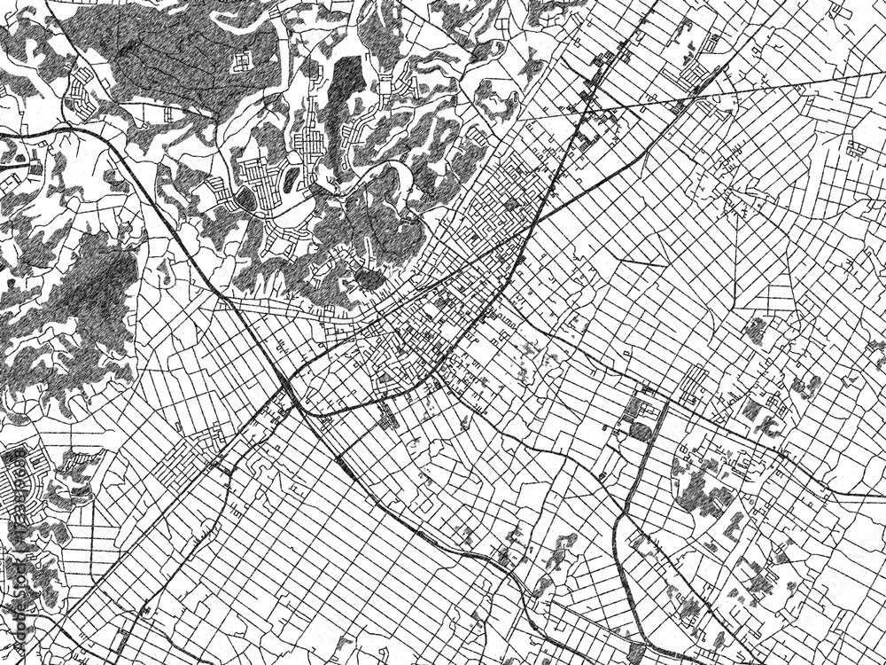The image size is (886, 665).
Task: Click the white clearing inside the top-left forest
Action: pos(242,61)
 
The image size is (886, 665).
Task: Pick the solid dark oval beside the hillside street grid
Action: pos(245,199)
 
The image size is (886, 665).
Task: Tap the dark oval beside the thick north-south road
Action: pos(640,433)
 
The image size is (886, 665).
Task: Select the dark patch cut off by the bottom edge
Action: pos(634,654)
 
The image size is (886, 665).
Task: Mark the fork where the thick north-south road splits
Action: pos(631,523)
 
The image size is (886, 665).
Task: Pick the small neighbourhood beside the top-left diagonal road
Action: pos(80,89)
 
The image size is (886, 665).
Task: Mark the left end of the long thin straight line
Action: pos(518,120)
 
